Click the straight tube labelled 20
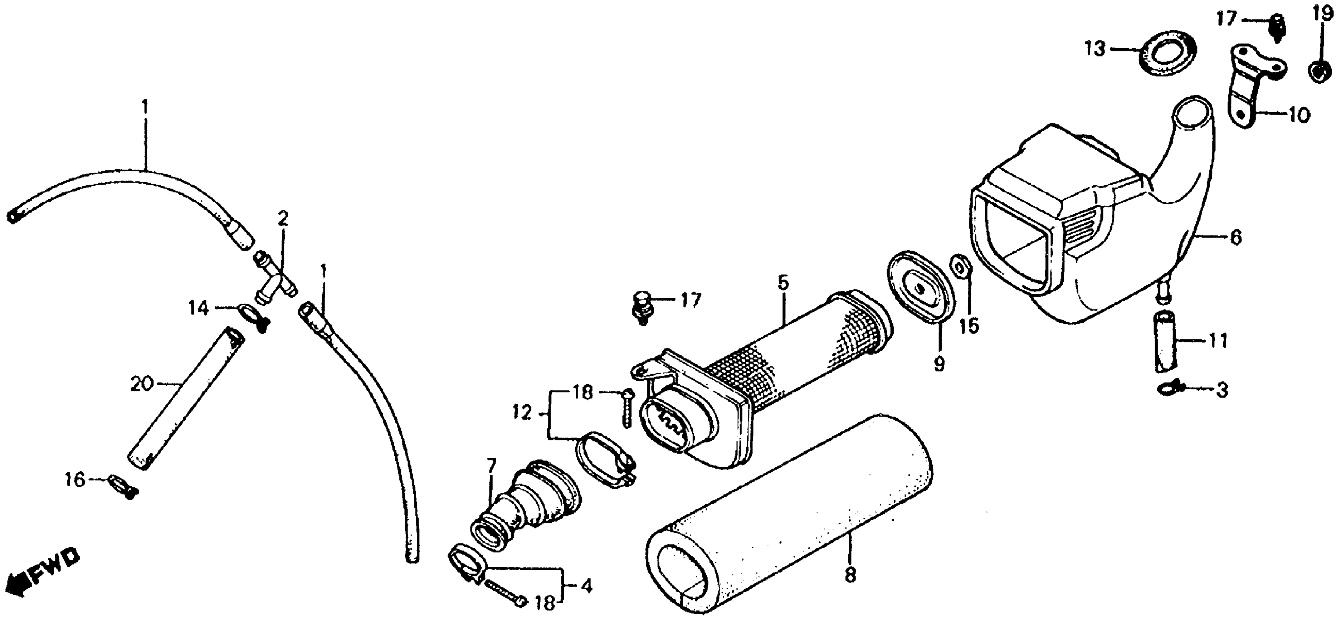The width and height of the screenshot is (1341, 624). pos(186,399)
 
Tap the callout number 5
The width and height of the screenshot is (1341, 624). pos(782,283)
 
